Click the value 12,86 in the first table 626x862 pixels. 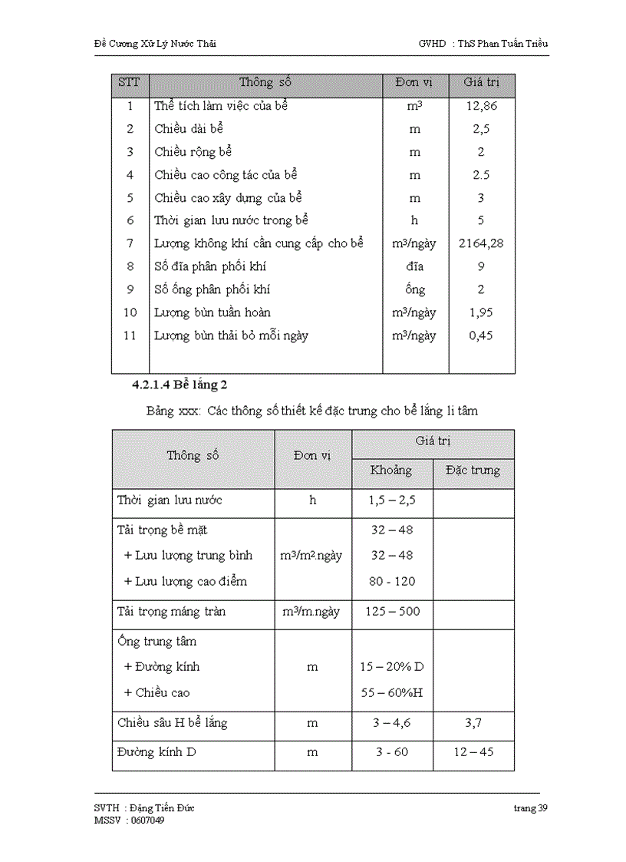coord(481,106)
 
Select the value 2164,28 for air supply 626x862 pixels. coord(481,243)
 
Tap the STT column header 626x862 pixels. coord(129,82)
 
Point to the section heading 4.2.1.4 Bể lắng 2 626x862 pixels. coord(180,383)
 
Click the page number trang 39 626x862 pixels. coord(531,808)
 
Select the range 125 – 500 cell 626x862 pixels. coord(391,612)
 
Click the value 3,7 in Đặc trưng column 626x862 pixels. coord(473,722)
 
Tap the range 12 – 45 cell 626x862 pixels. coord(473,751)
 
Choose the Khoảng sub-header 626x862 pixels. coord(391,470)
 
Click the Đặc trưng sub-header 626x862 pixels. coord(473,470)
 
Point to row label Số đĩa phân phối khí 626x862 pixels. coord(210,266)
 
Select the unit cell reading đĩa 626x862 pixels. coord(414,266)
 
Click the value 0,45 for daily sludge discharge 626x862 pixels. coord(481,335)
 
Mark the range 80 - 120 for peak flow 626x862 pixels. coord(391,581)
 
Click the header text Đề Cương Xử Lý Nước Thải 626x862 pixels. coord(150,44)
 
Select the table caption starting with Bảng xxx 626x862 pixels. coord(311,411)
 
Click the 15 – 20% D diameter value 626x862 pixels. coord(391,666)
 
